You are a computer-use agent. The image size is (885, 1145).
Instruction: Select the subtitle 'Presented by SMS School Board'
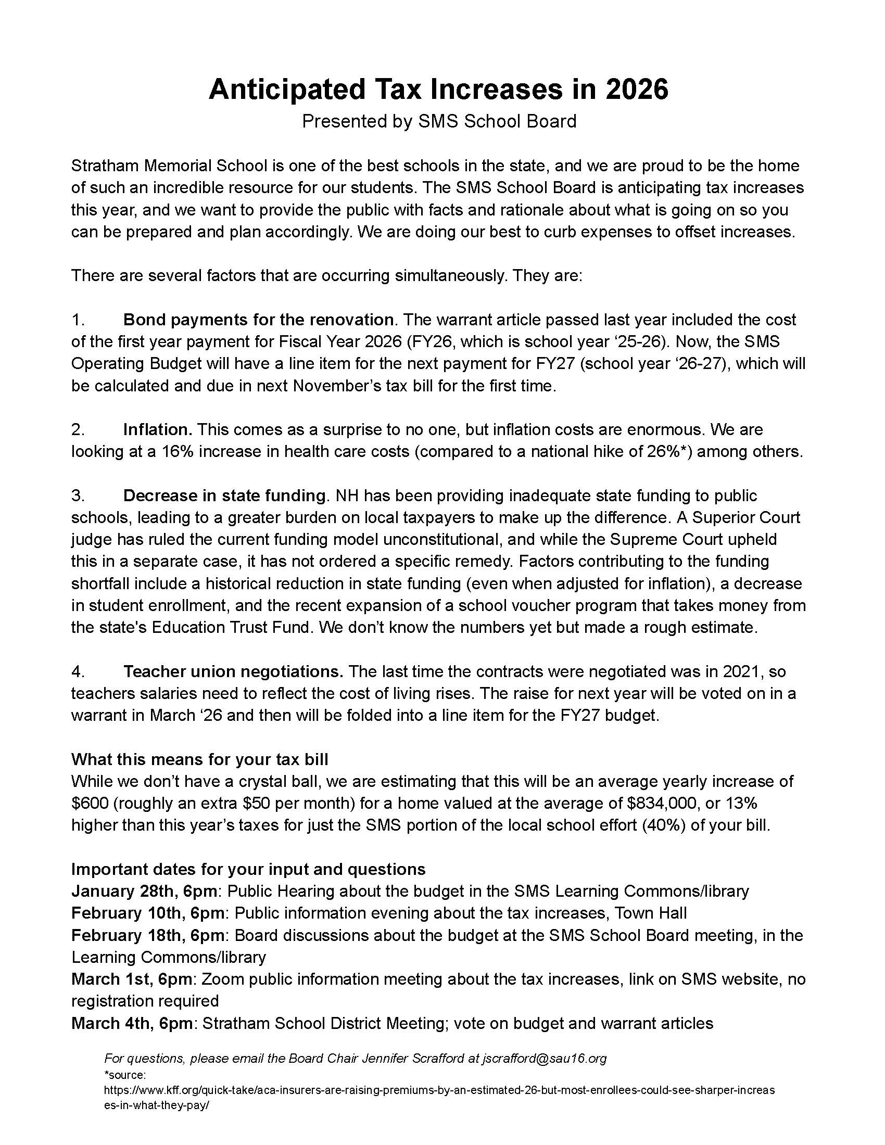point(439,121)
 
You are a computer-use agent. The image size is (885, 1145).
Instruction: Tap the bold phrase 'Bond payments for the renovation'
point(258,320)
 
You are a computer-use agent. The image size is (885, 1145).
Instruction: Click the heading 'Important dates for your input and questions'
point(248,869)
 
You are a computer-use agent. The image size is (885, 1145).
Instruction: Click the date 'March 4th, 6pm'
point(132,1023)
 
